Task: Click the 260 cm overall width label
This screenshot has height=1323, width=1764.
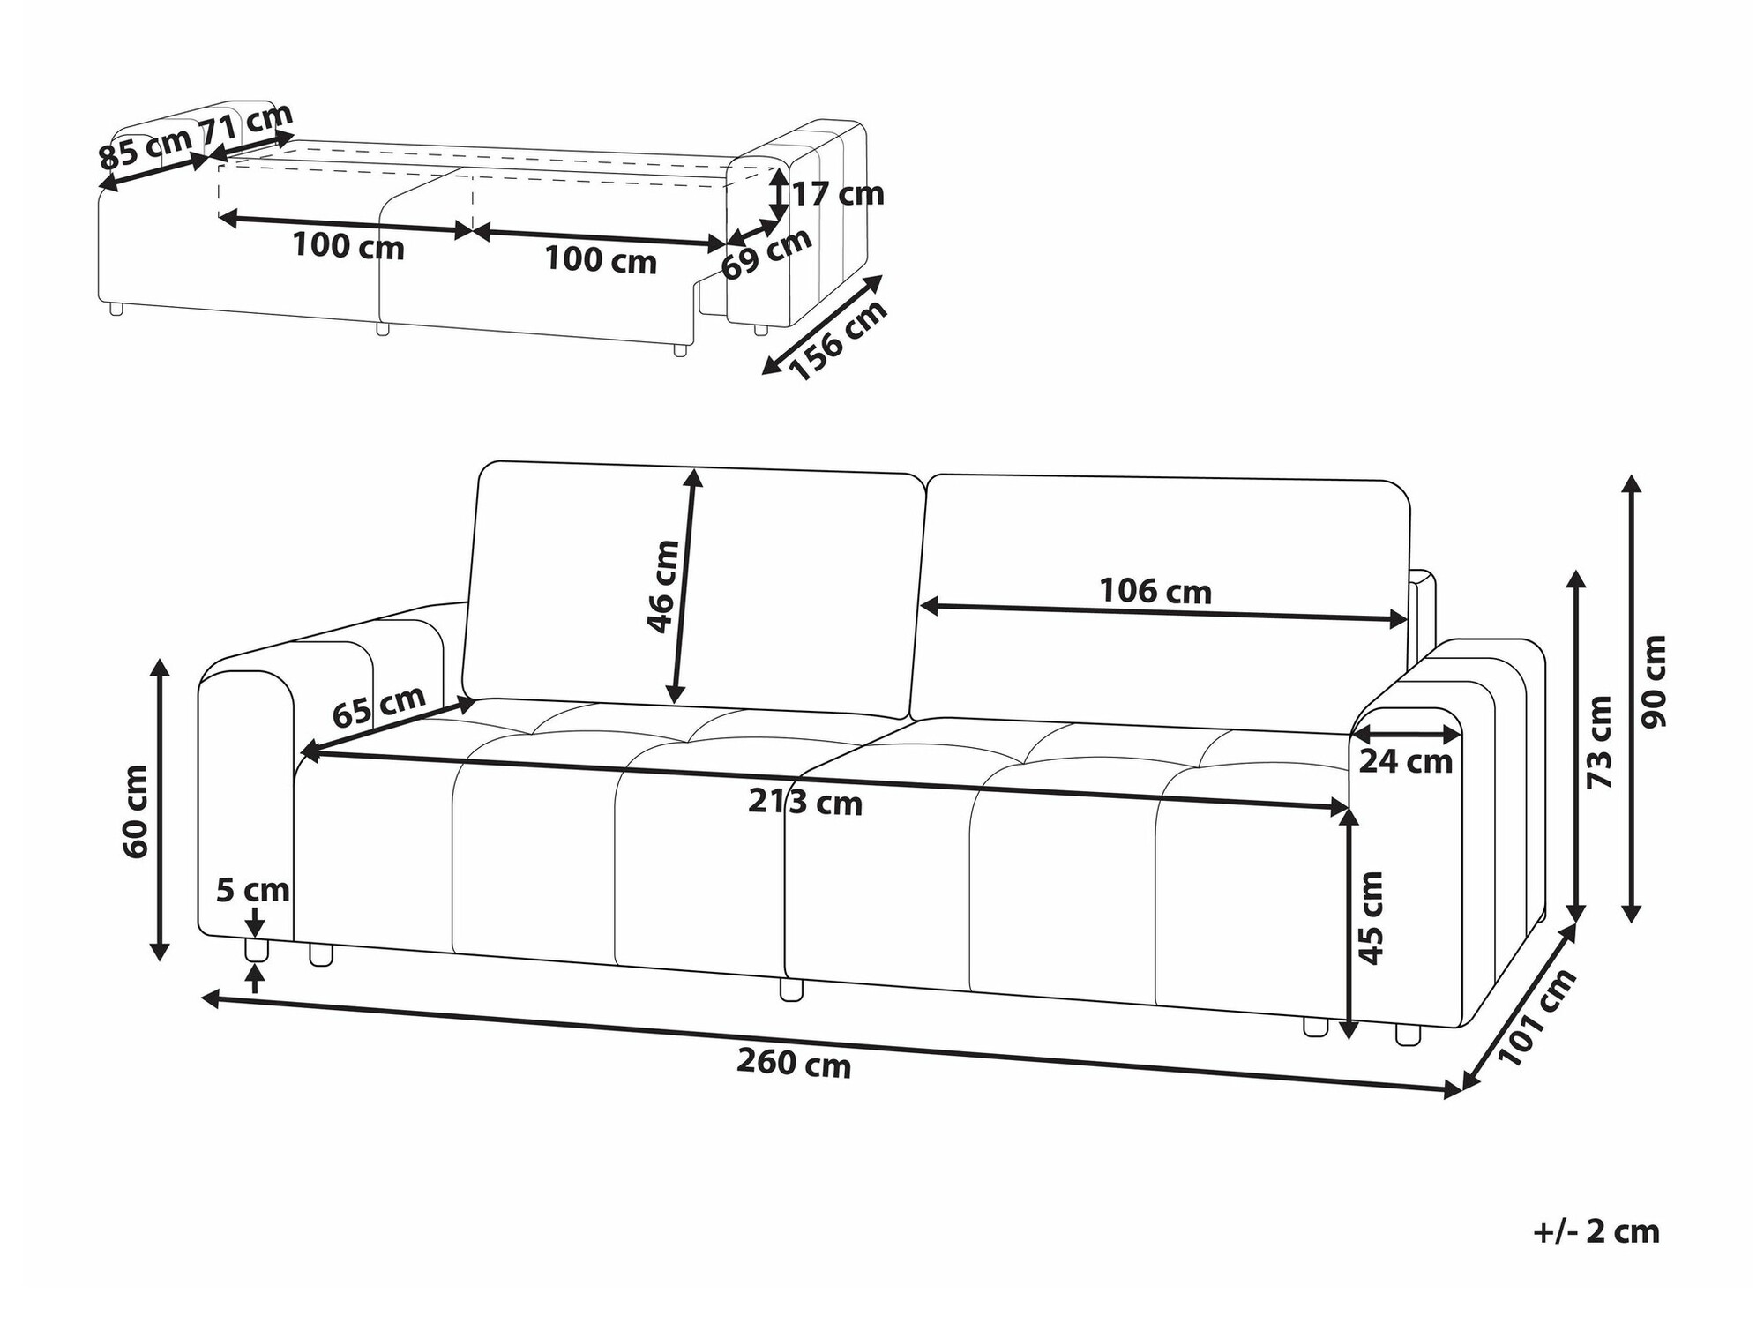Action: coord(794,1065)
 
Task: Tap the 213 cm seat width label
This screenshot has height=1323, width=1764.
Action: coord(805,803)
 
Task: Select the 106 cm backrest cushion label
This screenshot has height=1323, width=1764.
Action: coord(1155,591)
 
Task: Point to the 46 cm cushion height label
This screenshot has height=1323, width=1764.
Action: coord(662,587)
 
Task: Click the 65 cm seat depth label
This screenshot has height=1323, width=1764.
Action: coord(379,706)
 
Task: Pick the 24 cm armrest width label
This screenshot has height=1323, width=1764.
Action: coord(1406,760)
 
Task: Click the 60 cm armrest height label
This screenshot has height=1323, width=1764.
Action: coord(137,811)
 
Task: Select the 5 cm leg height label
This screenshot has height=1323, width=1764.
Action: coord(253,891)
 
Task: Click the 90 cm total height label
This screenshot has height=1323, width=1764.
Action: coord(1655,682)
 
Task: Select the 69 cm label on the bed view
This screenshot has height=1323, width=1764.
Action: coord(766,254)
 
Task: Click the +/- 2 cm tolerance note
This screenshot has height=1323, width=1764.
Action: coord(1596,1231)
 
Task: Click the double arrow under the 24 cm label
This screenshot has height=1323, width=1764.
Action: coord(1406,734)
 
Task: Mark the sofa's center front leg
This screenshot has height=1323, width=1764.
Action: coord(792,989)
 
